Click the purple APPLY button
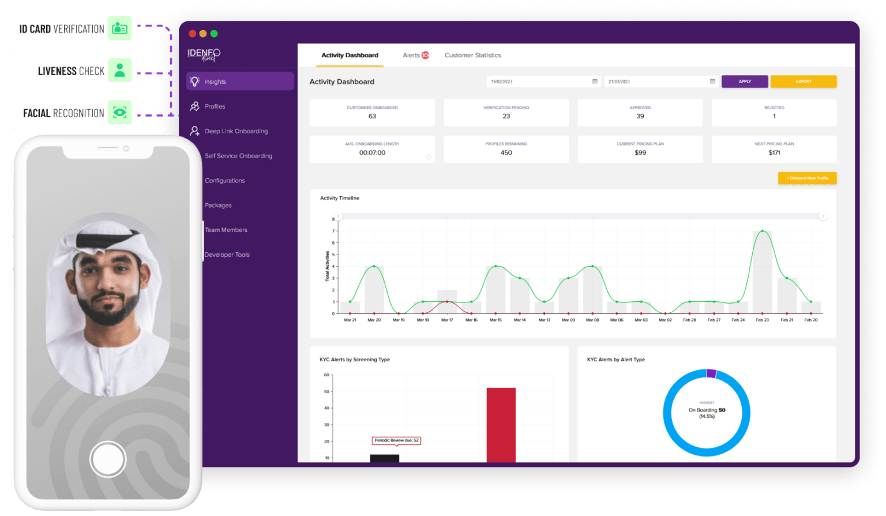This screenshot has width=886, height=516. point(744,81)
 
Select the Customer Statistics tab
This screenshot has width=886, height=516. point(472,55)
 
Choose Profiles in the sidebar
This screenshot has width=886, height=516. point(215,107)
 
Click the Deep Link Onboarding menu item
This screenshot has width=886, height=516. point(236,132)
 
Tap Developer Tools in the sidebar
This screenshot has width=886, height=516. point(227,255)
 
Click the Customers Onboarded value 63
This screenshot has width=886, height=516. point(372,117)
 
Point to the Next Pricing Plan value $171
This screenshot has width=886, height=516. point(774,153)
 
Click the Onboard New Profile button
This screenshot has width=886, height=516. point(807,178)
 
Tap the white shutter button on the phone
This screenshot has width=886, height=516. point(108,459)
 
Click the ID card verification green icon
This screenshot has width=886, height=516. point(120,28)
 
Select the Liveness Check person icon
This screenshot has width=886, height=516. point(120,70)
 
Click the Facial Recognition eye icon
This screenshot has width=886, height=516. point(120,113)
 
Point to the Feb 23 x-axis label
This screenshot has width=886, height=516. point(762,320)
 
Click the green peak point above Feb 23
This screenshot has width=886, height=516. point(763,231)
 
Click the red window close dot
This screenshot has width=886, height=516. point(193,33)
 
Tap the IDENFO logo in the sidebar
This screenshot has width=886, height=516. point(204,54)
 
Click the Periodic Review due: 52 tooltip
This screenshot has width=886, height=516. point(396,440)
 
